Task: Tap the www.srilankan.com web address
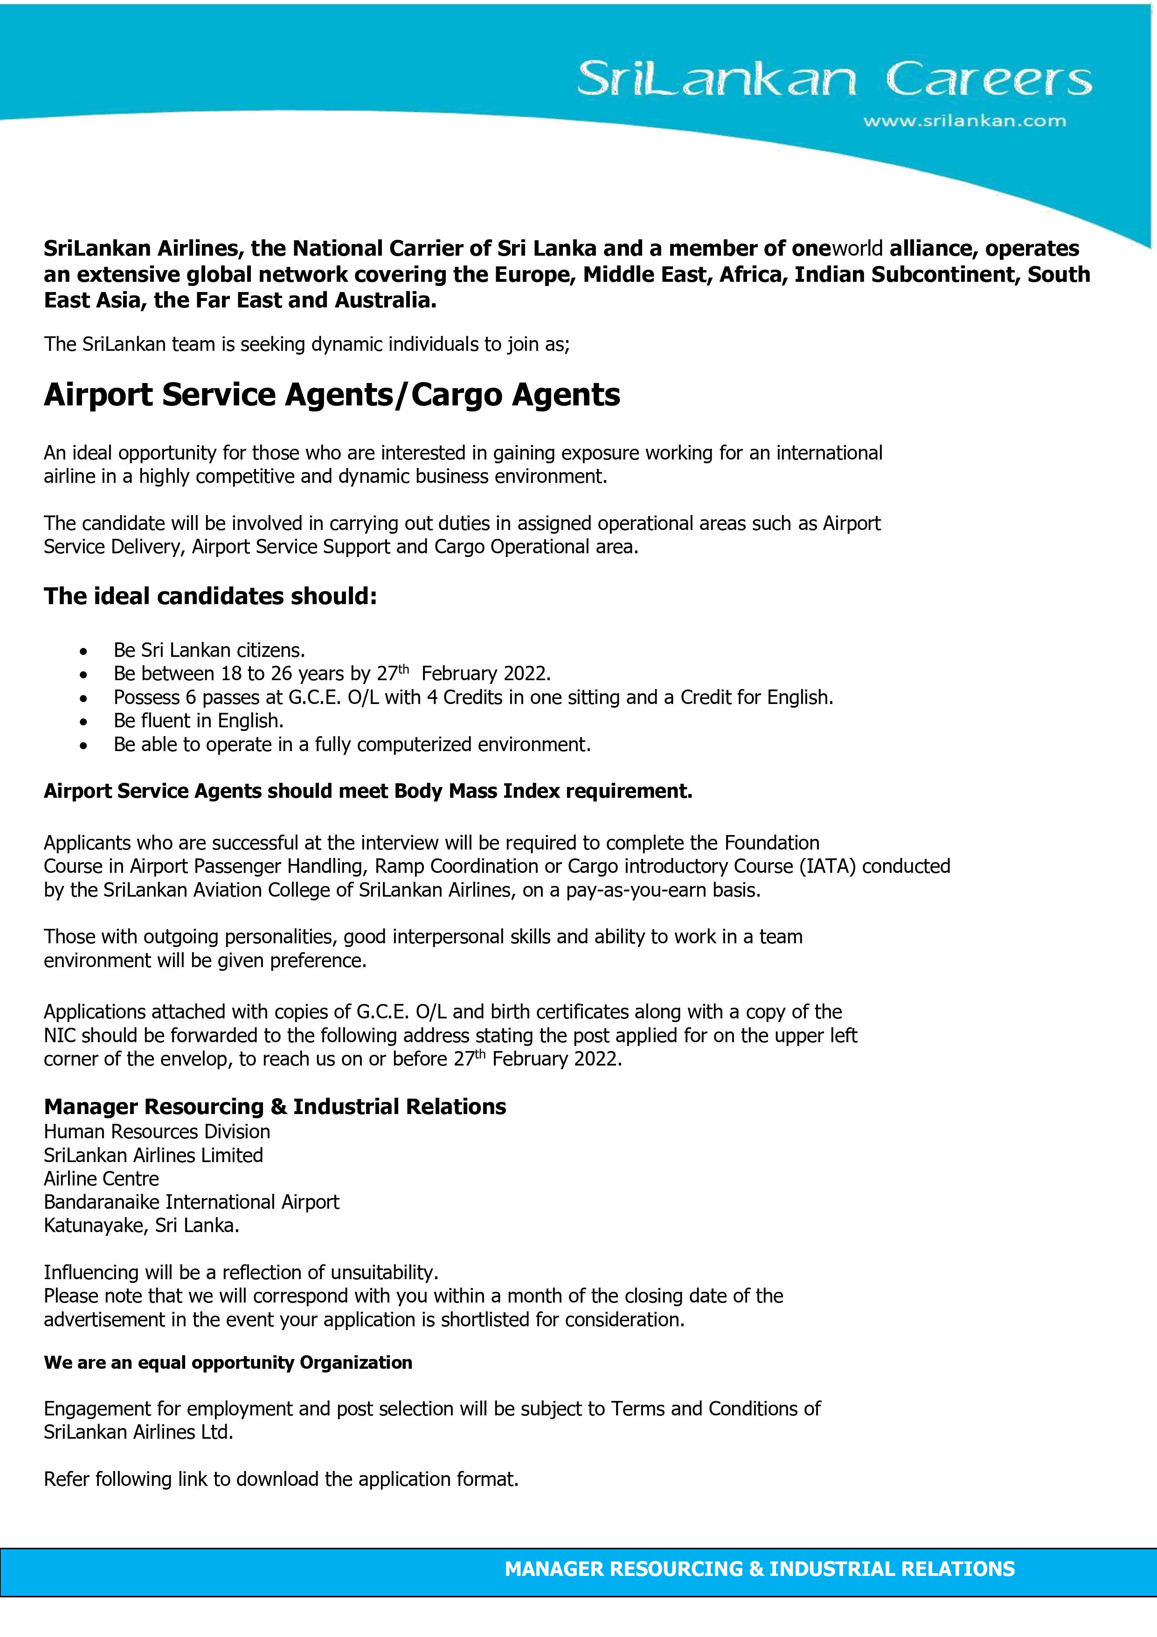tap(964, 121)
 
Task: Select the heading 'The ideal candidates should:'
tap(210, 596)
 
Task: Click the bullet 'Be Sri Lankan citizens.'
tap(209, 650)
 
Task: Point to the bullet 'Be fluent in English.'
tap(198, 721)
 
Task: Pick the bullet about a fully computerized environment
tap(352, 745)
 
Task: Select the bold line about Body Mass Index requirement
tap(368, 791)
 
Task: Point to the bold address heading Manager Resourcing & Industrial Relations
tap(275, 1107)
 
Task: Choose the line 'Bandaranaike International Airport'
tap(191, 1202)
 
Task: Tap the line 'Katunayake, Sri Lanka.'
tap(141, 1226)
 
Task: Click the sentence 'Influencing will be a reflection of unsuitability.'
tap(241, 1273)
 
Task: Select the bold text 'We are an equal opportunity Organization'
tap(228, 1363)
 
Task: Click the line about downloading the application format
tap(281, 1479)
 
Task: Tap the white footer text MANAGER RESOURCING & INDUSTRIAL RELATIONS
tap(759, 1568)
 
